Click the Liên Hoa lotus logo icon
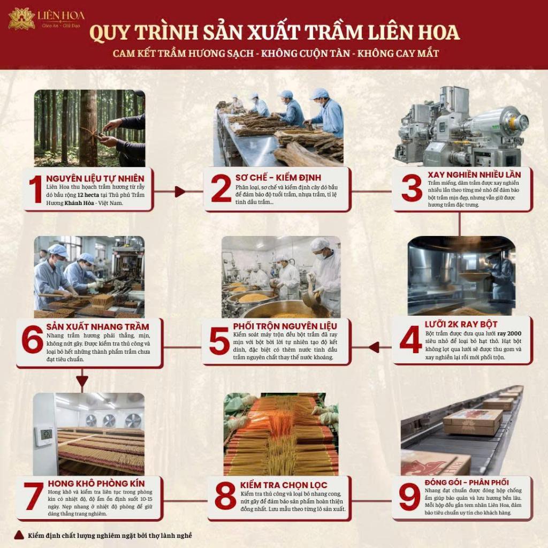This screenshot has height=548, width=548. click(x=21, y=19)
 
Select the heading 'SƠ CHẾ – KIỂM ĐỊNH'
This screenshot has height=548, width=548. click(x=278, y=178)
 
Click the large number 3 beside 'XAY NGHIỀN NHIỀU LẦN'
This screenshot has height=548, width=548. click(x=412, y=188)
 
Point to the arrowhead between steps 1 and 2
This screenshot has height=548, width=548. click(x=180, y=192)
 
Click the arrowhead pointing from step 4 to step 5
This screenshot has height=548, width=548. click(x=374, y=347)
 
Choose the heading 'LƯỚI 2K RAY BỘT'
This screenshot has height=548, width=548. click(x=461, y=324)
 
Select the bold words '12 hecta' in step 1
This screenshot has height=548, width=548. click(x=88, y=195)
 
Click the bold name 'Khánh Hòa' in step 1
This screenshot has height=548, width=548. click(x=79, y=203)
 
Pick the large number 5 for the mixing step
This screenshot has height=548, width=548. click(x=219, y=341)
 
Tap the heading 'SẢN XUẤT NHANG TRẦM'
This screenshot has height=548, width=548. click(x=98, y=327)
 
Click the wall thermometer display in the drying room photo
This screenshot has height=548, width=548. click(x=47, y=435)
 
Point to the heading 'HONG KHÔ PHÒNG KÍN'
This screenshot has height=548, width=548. click(x=96, y=483)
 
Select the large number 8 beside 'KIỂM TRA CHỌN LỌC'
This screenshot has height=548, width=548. click(x=225, y=496)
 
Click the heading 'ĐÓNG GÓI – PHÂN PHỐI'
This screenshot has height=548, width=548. click(x=467, y=482)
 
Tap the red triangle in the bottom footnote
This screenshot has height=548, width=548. click(x=19, y=535)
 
